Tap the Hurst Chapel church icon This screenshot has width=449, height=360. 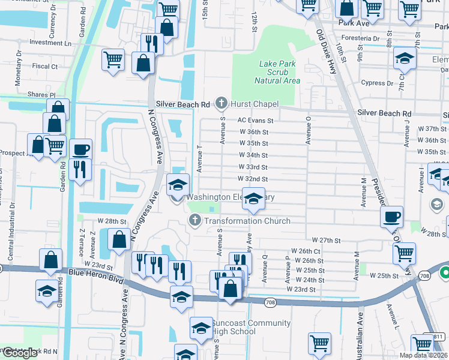click(x=221, y=104)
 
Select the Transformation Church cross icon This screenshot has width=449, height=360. click(x=194, y=221)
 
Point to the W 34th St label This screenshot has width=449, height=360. click(x=253, y=155)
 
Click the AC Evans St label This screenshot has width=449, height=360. click(x=256, y=120)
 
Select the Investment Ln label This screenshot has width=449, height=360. click(x=50, y=43)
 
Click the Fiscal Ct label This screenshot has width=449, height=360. click(x=45, y=67)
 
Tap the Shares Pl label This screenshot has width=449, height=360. click(x=41, y=95)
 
